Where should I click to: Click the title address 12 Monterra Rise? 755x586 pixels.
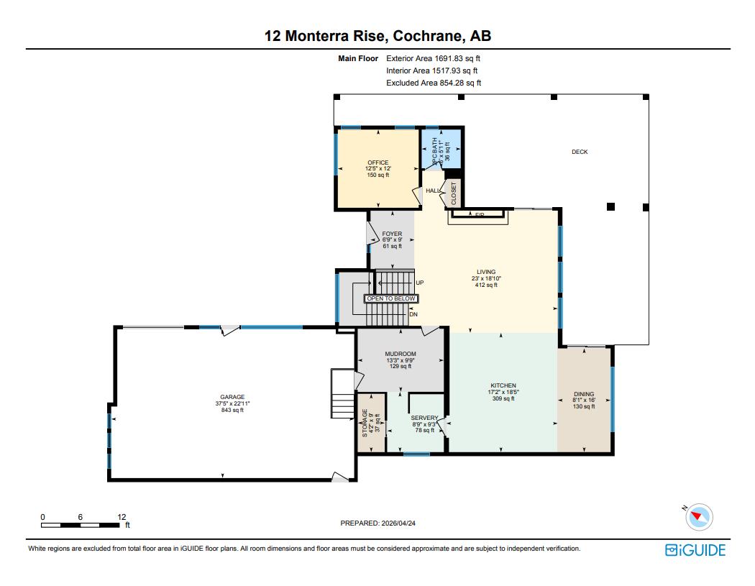click(377, 36)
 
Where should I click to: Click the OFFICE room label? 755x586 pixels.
click(377, 163)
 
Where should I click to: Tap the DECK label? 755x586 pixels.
click(580, 152)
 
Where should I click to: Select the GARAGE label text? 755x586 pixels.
click(232, 398)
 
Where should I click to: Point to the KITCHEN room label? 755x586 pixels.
click(503, 386)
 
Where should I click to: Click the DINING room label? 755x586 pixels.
click(584, 394)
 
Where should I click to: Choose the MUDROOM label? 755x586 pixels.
click(401, 354)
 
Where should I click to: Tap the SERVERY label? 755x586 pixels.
click(424, 418)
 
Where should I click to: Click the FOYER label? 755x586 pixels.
click(392, 234)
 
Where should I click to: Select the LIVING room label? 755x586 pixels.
click(486, 272)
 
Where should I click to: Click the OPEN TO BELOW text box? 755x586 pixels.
click(391, 298)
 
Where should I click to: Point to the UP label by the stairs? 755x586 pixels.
click(420, 283)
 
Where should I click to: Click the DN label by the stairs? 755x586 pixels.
click(413, 314)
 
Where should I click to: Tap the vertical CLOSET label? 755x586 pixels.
click(454, 193)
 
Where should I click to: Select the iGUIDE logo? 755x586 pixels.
click(695, 550)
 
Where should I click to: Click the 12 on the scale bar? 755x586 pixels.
click(122, 517)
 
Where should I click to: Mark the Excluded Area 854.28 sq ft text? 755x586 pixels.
click(434, 83)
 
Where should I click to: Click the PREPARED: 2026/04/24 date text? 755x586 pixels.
click(377, 523)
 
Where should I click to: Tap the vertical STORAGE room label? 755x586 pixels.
click(365, 423)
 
